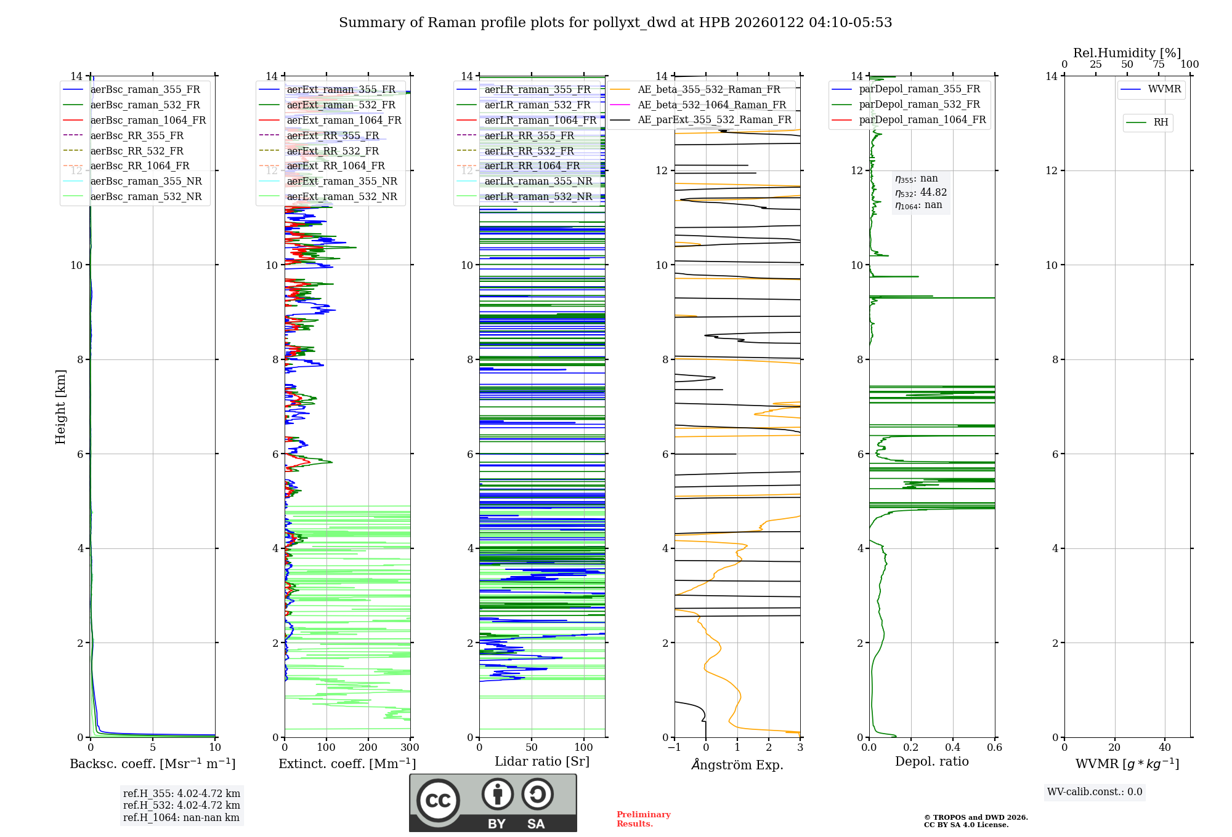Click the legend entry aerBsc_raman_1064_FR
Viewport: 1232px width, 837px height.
(148, 120)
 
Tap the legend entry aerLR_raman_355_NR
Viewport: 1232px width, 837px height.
(538, 182)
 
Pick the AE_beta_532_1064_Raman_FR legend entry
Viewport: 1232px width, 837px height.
(711, 105)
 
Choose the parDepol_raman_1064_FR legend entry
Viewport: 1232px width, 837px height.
(922, 119)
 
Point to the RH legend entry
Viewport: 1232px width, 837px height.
(1161, 122)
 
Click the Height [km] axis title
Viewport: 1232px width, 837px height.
(60, 407)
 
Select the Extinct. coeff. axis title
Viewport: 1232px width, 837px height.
(347, 764)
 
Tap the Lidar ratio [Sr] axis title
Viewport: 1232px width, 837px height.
(542, 761)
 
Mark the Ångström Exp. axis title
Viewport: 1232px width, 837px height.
(737, 764)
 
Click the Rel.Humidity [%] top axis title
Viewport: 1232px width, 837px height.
(1127, 53)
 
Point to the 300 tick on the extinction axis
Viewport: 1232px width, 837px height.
(410, 748)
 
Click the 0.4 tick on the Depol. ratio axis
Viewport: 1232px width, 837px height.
(953, 748)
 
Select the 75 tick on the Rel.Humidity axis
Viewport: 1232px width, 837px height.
(1158, 65)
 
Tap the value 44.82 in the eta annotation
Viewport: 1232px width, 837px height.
(933, 193)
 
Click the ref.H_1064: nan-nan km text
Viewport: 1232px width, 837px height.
(181, 818)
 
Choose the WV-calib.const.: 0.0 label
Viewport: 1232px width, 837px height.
(1095, 792)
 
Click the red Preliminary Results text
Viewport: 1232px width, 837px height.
(644, 819)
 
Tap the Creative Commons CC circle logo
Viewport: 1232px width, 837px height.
(438, 801)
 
